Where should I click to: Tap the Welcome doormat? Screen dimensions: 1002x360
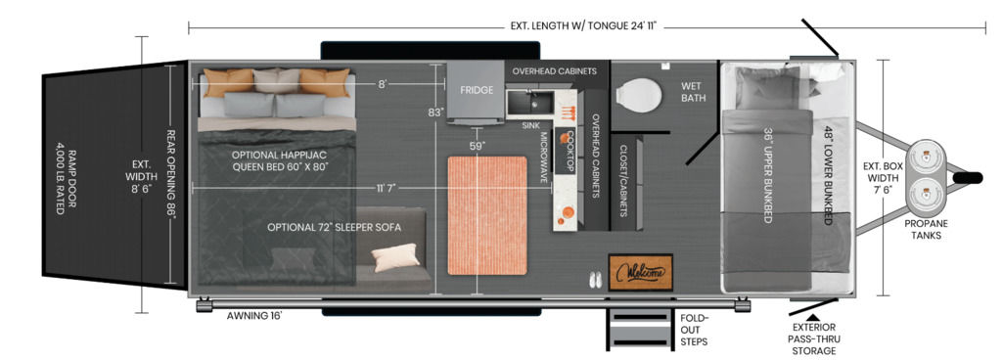pyautogui.click(x=640, y=272)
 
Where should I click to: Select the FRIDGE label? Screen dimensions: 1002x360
pyautogui.click(x=477, y=90)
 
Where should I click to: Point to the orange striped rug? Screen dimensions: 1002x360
pyautogui.click(x=487, y=215)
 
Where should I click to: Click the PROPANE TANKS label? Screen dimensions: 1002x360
pyautogui.click(x=926, y=229)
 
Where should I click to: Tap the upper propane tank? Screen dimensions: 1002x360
pyautogui.click(x=926, y=158)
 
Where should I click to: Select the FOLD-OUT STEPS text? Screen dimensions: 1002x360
pyautogui.click(x=694, y=330)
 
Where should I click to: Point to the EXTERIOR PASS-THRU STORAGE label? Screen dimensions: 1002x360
pyautogui.click(x=811, y=338)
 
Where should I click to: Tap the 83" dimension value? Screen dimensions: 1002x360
pyautogui.click(x=435, y=112)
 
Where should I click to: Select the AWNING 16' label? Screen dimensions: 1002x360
pyautogui.click(x=255, y=315)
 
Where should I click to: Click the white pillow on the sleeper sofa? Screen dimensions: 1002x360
pyautogui.click(x=395, y=257)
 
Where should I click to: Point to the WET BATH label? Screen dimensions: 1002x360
pyautogui.click(x=694, y=92)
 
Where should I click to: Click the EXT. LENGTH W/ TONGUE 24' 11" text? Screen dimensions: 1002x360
pyautogui.click(x=584, y=26)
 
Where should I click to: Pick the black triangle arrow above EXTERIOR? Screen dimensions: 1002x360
pyautogui.click(x=812, y=316)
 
